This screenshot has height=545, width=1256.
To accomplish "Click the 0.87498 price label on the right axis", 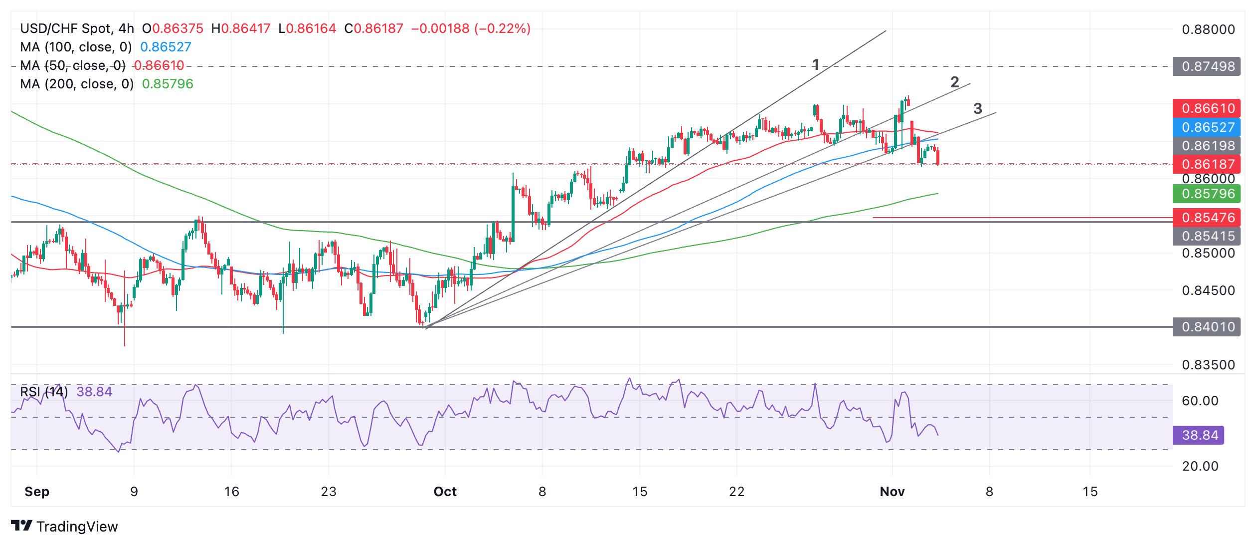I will click(x=1207, y=66).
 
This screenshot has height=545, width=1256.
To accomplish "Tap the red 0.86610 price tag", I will click(x=1207, y=108).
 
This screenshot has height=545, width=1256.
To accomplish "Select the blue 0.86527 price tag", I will click(x=1207, y=127).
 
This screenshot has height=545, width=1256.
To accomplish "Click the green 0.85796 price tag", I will click(x=1207, y=194).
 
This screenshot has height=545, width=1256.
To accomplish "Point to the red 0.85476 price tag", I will click(x=1207, y=218).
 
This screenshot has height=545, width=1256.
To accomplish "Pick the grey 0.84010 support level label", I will click(x=1207, y=327).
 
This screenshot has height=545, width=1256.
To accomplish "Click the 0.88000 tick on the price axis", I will click(x=1208, y=29).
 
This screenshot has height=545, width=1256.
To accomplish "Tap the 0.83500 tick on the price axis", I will click(x=1208, y=365).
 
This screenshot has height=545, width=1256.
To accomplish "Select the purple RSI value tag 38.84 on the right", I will click(x=1199, y=435).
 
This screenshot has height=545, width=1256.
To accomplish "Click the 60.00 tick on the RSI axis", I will click(x=1200, y=401).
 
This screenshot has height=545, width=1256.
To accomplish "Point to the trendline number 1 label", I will click(x=815, y=64).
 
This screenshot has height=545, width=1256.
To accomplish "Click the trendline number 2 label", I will click(x=954, y=82).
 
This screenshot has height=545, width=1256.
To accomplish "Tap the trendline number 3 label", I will click(x=977, y=108).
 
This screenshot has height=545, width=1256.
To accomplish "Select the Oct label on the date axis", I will click(x=445, y=492).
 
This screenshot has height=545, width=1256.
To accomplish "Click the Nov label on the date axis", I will click(x=892, y=492).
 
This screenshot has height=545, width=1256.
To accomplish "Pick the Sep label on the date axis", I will click(x=37, y=492).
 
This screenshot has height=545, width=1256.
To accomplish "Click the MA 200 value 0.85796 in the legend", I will click(x=168, y=84).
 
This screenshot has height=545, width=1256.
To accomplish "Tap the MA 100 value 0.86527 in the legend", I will click(x=166, y=47).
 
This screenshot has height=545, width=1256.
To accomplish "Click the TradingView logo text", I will click(x=77, y=527).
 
